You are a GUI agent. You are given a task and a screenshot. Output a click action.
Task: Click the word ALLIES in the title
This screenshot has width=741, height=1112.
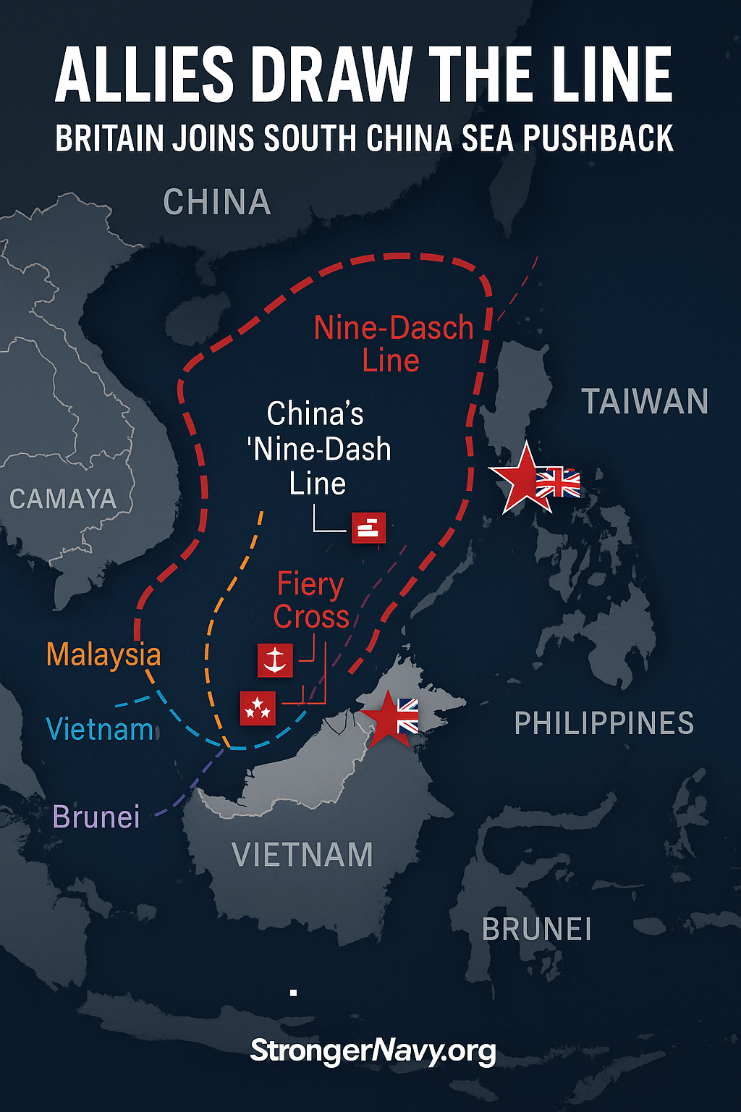tap(145, 75)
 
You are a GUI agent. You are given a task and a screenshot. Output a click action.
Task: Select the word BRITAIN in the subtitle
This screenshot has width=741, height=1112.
tap(109, 138)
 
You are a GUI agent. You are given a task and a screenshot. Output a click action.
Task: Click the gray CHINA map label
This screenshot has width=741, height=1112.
tap(217, 202)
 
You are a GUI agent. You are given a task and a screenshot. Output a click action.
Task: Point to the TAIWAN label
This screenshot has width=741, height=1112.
tap(645, 402)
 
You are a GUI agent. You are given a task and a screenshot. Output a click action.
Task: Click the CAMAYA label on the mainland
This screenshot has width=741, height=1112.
tap(63, 499)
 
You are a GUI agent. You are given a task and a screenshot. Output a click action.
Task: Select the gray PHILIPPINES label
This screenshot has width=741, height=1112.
tap(604, 723)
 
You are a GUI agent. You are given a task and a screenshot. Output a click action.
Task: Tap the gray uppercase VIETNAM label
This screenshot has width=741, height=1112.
tap(302, 855)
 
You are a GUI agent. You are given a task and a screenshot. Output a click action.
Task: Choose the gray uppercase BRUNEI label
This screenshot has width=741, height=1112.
tap(537, 930)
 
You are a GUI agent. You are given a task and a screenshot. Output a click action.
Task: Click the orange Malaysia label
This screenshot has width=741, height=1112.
tap(103, 654)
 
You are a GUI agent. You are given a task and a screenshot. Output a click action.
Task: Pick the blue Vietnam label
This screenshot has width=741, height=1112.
tap(100, 729)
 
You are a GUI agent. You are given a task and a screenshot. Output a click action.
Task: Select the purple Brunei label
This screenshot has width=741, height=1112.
tap(96, 817)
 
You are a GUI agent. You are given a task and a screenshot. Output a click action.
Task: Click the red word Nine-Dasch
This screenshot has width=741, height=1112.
tap(394, 328)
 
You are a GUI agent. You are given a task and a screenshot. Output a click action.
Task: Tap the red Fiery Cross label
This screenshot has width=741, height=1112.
tap(311, 600)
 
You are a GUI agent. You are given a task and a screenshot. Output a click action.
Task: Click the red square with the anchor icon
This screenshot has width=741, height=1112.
tap(275, 660)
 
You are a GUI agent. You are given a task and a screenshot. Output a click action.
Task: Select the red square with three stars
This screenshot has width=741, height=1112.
tap(258, 707)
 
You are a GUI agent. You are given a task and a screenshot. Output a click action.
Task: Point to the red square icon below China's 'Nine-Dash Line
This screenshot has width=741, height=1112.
tap(368, 527)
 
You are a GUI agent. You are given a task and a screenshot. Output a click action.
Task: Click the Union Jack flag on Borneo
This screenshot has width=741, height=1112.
tap(407, 715)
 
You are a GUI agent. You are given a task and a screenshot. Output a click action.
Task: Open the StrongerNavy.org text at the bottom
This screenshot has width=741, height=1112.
tap(373, 1050)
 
